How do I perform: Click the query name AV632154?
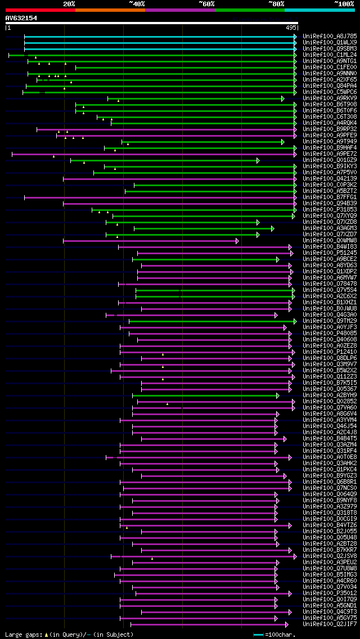tap(21, 18)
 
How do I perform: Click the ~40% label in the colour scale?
tap(137, 3)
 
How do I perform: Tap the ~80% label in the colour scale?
tap(276, 3)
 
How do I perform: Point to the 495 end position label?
tap(291, 28)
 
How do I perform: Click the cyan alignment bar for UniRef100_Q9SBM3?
tap(160, 49)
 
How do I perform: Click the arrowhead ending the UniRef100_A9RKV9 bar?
tap(283, 98)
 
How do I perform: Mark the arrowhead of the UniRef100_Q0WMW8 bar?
tap(237, 241)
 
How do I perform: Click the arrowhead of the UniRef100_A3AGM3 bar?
tap(272, 228)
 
